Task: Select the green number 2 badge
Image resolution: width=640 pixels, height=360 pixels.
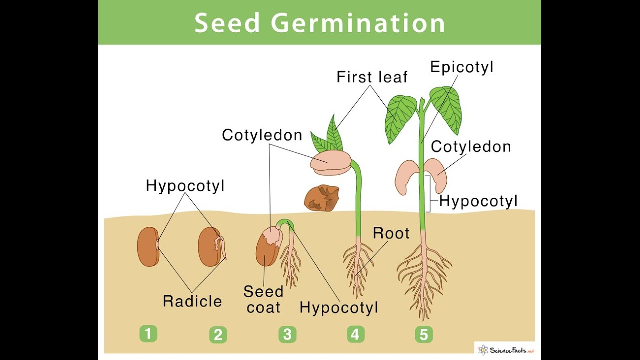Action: coord(218,335)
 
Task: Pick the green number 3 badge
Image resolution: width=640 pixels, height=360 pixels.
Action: coord(287,334)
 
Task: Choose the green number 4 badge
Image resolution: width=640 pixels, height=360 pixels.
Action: coord(356,334)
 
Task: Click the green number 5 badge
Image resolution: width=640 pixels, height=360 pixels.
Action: coord(424,334)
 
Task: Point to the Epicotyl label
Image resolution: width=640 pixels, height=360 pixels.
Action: coord(462,68)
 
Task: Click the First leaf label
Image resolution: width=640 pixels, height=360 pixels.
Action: coord(372,77)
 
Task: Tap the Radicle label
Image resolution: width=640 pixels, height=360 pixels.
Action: coord(192,301)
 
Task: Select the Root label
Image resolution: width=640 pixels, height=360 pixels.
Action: coord(391,233)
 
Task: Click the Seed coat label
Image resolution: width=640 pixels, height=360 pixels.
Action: coord(263,299)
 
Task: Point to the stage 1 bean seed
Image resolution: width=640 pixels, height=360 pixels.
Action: coord(148,247)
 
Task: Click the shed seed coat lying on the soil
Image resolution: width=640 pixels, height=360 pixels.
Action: coord(321,198)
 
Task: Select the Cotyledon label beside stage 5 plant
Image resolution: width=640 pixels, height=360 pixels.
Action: coord(471,147)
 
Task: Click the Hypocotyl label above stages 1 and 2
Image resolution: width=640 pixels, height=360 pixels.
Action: coord(185,186)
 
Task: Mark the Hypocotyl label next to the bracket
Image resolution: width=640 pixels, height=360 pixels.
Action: coord(478,201)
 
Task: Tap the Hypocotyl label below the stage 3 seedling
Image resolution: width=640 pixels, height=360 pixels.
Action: coord(339,308)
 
